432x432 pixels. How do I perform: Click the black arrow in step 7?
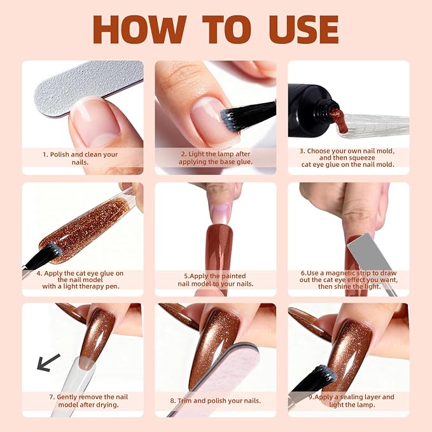pyautogui.click(x=48, y=363)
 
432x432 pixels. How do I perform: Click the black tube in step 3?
pyautogui.click(x=311, y=111)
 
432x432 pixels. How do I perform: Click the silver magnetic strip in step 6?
pyautogui.click(x=366, y=253)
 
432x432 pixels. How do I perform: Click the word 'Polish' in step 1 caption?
pyautogui.click(x=60, y=155)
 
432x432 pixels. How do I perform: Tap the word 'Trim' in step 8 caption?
pyautogui.click(x=185, y=401)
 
